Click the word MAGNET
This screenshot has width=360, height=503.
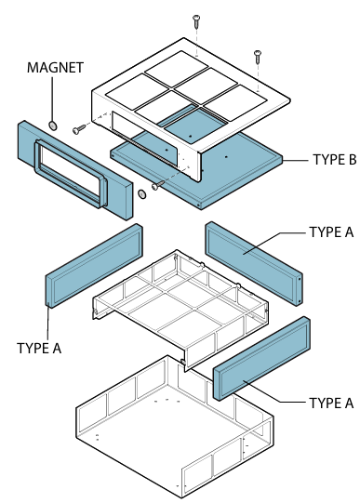pos(55,68)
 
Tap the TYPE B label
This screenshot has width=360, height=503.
pos(335,159)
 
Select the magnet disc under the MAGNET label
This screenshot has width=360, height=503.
pos(53,126)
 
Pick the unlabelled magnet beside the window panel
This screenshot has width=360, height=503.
pos(141,194)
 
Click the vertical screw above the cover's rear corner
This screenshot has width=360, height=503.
pos(196,20)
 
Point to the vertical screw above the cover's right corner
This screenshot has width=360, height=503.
pos(258,56)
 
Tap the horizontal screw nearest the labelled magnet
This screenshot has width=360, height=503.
pos(79,129)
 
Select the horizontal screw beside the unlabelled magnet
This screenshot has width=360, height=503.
pos(158,185)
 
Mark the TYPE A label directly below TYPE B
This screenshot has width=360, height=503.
pos(331,232)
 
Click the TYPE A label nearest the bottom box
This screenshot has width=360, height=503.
pos(331,403)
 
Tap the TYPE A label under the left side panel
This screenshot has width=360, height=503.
pos(39,348)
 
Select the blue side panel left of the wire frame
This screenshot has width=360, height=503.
pos(94,265)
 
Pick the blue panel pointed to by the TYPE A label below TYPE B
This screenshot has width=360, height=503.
pos(253,263)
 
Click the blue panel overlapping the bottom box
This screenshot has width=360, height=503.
pos(261,358)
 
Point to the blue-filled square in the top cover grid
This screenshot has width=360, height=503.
pos(194,126)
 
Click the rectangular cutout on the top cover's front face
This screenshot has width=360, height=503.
pos(144,139)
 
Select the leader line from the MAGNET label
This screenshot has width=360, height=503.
pos(52,99)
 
